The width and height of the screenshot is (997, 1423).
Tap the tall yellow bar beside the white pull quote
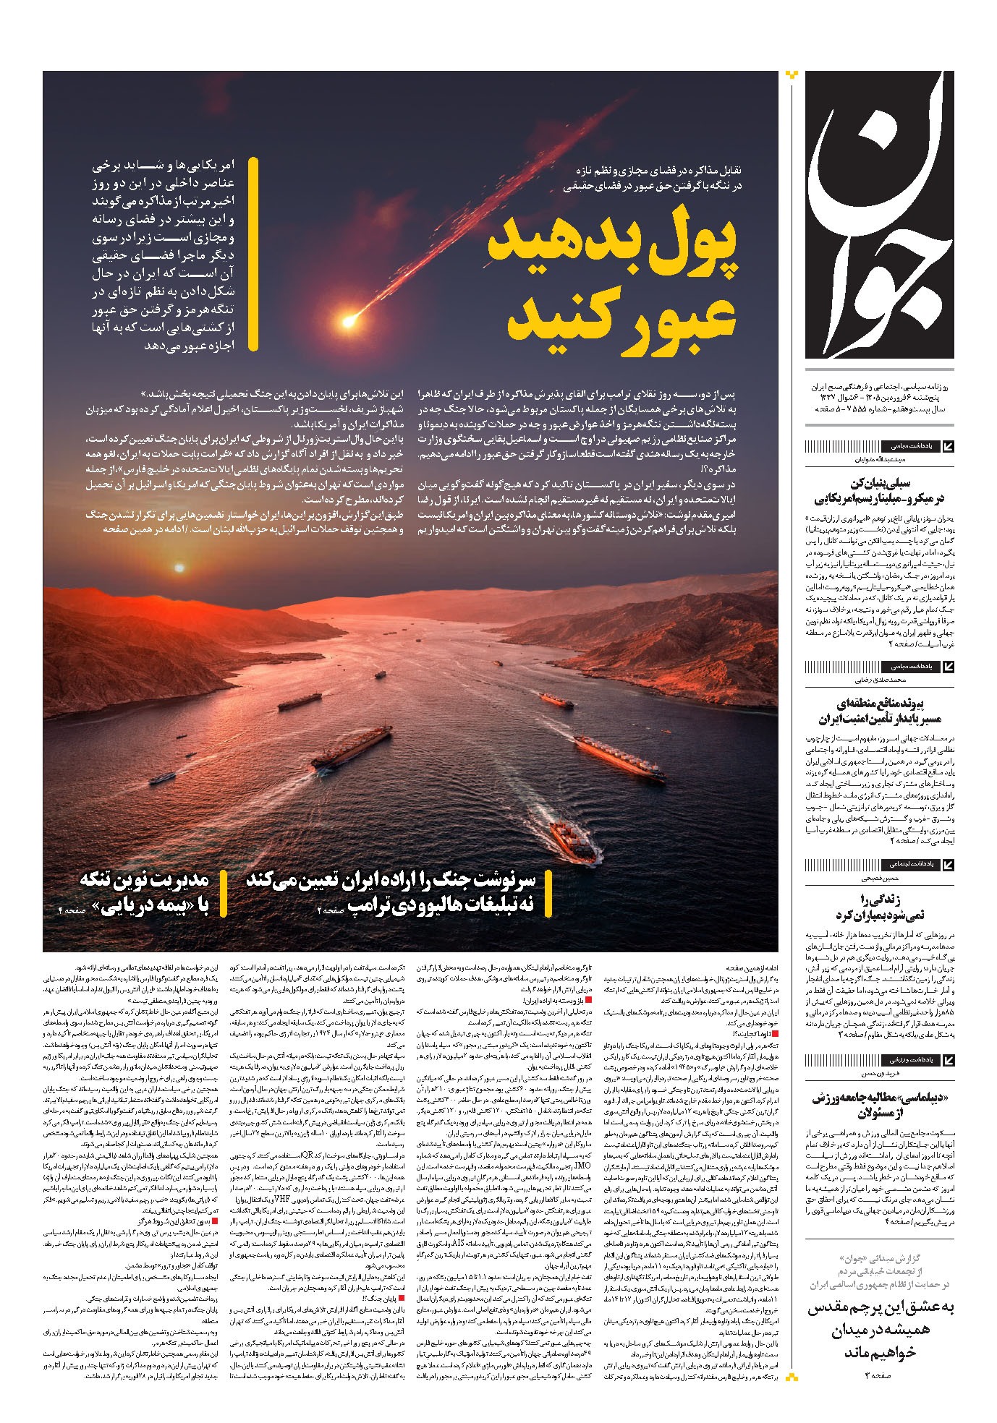pos(253,254)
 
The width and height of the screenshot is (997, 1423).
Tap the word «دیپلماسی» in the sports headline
pos(921,1098)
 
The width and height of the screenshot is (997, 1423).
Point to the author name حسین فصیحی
pos(878,879)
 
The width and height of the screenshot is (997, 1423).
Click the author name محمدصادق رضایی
pos(879,680)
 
